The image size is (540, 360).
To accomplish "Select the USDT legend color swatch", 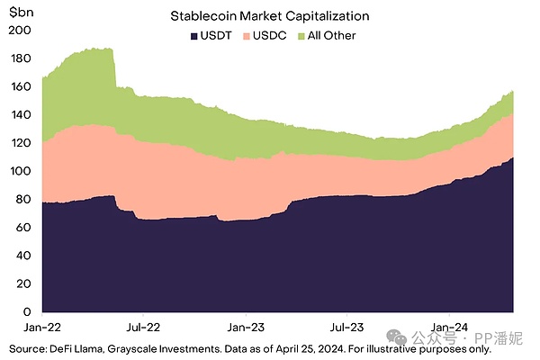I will (x=193, y=35).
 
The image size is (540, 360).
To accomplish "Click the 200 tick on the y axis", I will (x=21, y=31).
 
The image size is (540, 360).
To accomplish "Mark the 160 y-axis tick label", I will (x=21, y=87).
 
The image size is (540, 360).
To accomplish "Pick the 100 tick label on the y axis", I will (x=21, y=171).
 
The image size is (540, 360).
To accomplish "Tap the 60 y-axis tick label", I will (x=23, y=227).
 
